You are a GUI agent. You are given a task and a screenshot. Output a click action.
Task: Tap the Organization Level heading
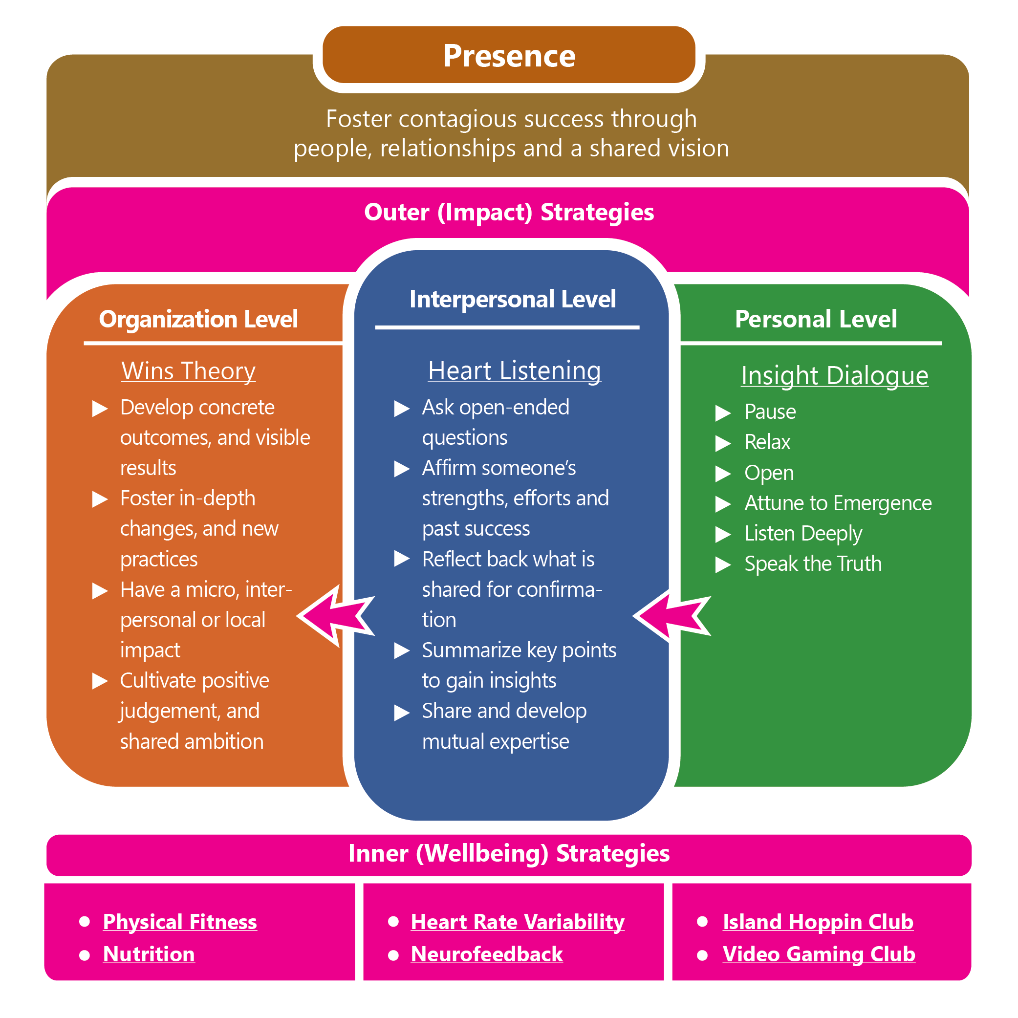(x=198, y=319)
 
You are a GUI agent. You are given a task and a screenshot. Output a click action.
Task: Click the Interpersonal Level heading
(x=512, y=299)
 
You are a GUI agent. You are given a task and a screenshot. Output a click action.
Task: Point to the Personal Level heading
(x=816, y=319)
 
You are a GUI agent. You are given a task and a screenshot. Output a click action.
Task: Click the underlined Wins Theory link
(x=188, y=371)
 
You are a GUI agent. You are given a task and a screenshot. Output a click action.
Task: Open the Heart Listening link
(x=514, y=371)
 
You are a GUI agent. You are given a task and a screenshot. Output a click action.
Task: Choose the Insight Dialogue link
(x=834, y=376)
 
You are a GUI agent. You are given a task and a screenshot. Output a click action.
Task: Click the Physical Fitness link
(x=180, y=922)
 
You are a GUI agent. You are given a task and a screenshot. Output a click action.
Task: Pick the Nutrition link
(x=149, y=955)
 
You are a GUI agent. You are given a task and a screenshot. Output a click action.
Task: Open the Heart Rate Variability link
(x=518, y=922)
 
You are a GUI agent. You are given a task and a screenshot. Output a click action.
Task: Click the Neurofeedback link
(x=486, y=955)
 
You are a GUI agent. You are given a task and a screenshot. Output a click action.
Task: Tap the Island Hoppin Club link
(x=818, y=922)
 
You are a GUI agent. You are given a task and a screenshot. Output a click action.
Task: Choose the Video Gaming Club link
(x=818, y=955)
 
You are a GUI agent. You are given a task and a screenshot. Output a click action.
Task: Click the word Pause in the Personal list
(x=770, y=412)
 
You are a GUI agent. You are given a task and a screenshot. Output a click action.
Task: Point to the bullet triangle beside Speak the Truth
(x=722, y=565)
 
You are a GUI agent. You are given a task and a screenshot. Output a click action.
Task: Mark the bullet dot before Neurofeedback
(x=393, y=955)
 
